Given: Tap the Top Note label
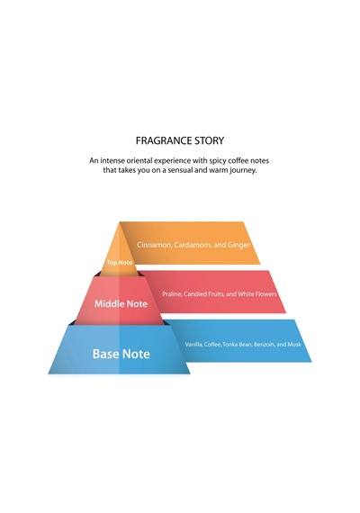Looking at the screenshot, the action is coord(119,263).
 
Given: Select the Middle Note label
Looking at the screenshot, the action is coord(121,303).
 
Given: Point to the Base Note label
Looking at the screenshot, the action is coord(121,354).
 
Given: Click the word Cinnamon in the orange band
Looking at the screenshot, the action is coord(154,245).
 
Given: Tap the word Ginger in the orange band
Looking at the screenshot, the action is coord(238,245).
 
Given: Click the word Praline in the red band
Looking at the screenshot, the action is coord(172,293).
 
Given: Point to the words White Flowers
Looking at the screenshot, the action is coord(257,293).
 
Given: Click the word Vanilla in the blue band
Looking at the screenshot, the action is coord(193,344).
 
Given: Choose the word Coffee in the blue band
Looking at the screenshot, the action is coord(212,344).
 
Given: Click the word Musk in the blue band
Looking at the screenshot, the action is coord(294,344).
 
